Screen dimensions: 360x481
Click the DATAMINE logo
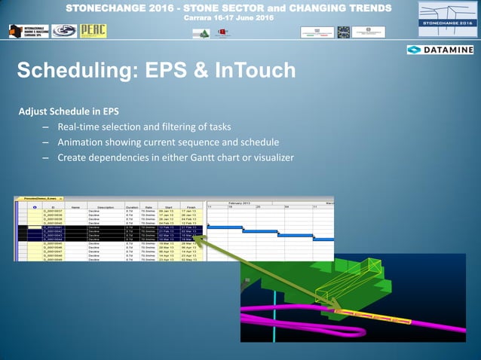tap(440, 50)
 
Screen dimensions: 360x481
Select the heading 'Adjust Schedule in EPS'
tap(69, 111)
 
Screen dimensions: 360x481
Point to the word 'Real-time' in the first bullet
tap(83, 127)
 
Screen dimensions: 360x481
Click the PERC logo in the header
tap(94, 31)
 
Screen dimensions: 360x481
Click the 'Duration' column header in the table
tap(131, 206)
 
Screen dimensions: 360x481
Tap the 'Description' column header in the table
tap(105, 206)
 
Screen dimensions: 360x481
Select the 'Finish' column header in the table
tap(191, 206)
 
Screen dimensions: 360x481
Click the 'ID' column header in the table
tap(54, 206)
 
